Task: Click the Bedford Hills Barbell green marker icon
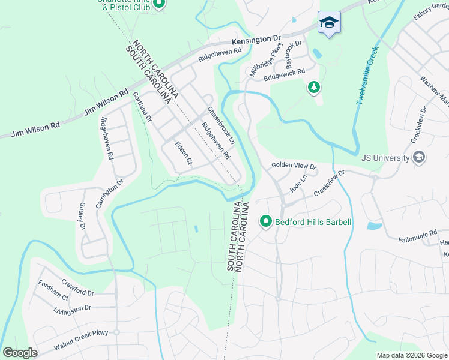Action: point(266,222)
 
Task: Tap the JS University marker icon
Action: point(419,158)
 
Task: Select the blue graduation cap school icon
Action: point(328,23)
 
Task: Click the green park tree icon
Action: point(313,88)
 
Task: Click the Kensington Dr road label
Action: point(256,40)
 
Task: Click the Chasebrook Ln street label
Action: point(221,125)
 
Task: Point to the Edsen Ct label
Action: point(182,153)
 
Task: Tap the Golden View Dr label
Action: point(294,164)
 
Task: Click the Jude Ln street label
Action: point(298,181)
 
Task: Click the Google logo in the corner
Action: point(20,353)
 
